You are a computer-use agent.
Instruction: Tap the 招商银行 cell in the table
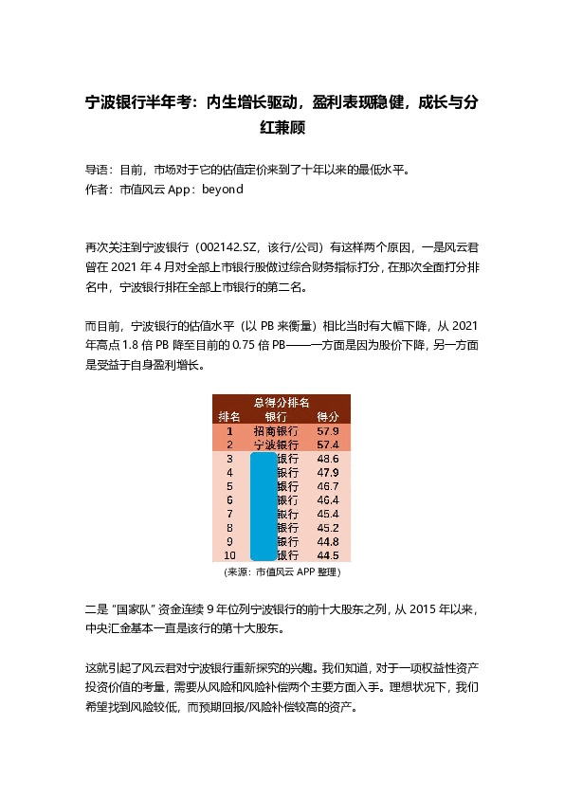276,430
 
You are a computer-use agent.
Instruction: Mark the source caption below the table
282,572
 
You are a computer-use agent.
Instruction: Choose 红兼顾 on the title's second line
282,126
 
